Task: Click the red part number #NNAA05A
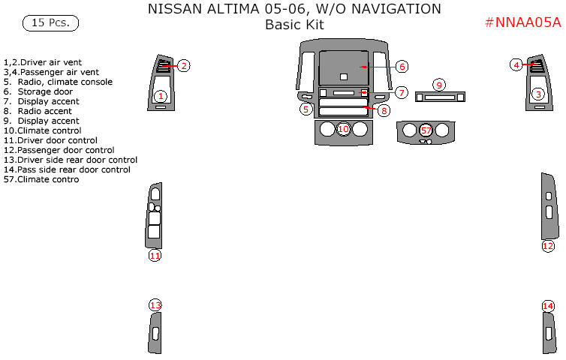(522, 22)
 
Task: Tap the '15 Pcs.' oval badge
(50, 23)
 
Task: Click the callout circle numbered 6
(402, 67)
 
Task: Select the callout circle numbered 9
(439, 85)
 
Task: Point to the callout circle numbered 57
(426, 130)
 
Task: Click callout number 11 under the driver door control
(155, 256)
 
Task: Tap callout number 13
(155, 305)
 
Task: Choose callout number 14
(548, 306)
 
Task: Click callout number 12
(548, 246)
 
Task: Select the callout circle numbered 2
(184, 66)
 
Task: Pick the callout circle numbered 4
(516, 65)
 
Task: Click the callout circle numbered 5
(306, 109)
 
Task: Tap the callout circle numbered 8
(384, 110)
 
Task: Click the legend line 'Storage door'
(38, 91)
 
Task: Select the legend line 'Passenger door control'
(59, 150)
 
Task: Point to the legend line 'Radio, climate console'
(58, 82)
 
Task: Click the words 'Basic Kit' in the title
(294, 25)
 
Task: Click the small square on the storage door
(344, 76)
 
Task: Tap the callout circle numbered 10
(343, 129)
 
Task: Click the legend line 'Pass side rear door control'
(67, 169)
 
